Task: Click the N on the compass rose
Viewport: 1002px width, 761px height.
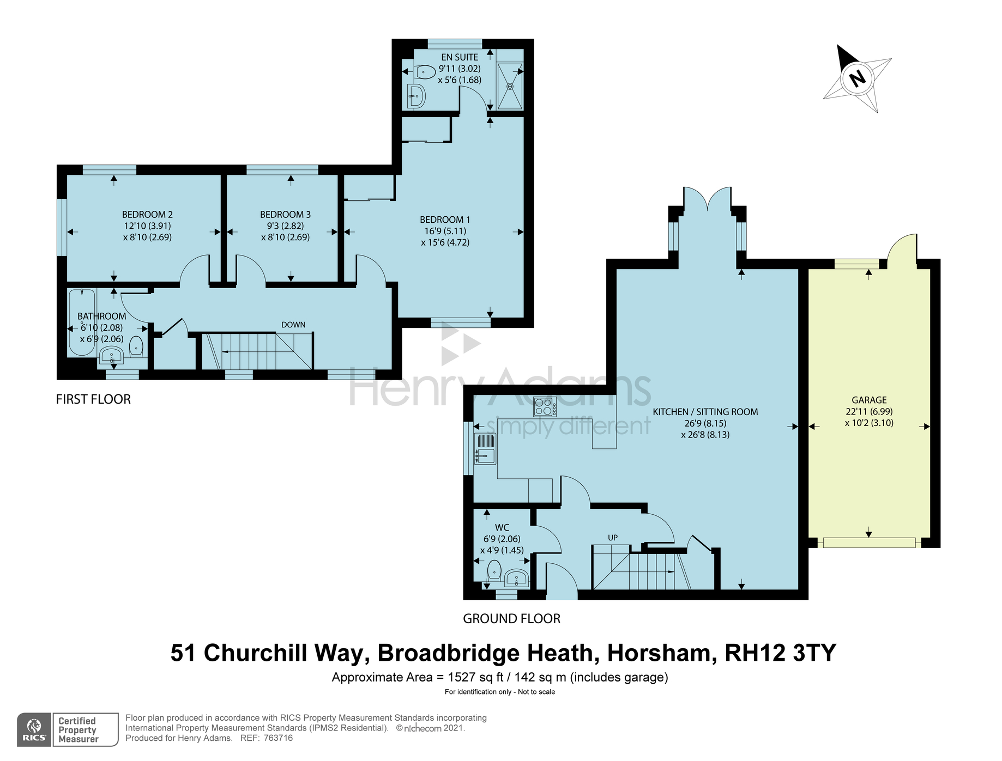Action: click(858, 79)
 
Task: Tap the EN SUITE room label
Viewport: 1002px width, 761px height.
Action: click(460, 57)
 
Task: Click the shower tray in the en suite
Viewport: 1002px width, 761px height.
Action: click(510, 86)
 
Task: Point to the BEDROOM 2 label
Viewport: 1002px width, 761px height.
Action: click(147, 215)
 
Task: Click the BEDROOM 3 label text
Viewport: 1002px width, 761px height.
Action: click(285, 215)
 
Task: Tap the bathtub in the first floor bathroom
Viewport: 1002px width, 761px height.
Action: click(82, 322)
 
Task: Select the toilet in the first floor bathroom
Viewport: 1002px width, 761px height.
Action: click(136, 346)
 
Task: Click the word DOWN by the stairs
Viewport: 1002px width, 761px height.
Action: click(293, 325)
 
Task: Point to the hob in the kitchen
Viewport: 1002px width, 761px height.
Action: click(545, 407)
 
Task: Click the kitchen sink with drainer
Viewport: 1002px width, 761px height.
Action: click(485, 448)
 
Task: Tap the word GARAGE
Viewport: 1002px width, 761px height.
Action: click(869, 400)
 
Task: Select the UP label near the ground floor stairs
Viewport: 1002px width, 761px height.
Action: click(613, 538)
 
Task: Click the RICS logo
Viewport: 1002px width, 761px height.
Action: click(34, 729)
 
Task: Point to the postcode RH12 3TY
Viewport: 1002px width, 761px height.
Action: click(780, 653)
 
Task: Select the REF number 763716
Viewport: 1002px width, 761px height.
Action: click(278, 738)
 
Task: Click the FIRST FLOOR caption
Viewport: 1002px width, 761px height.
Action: click(93, 399)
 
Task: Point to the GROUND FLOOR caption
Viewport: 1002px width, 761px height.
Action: click(511, 619)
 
